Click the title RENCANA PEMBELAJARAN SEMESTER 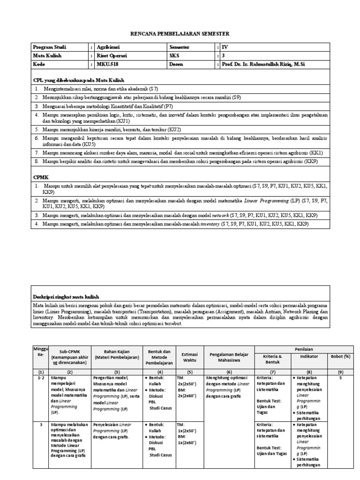[180, 34]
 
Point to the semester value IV [224, 47]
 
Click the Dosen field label [176, 64]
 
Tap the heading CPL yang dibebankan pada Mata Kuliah [78, 80]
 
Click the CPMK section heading [41, 178]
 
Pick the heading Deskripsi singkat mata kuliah [66, 297]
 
